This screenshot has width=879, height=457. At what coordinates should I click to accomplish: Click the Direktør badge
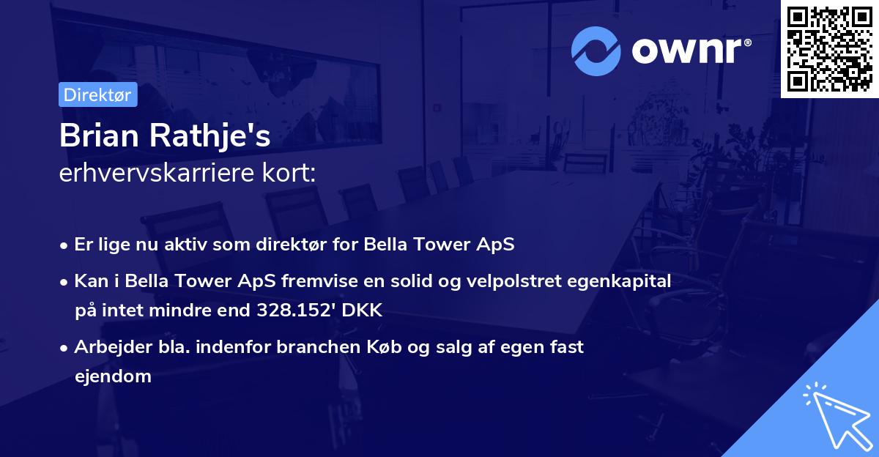coord(97,94)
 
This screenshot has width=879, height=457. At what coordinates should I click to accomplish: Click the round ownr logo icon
coord(596,51)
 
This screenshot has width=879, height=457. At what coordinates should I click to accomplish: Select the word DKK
coord(366,311)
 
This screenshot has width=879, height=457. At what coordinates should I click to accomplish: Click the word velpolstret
coord(524,280)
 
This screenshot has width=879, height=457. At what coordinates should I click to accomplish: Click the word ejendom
coord(113,376)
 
